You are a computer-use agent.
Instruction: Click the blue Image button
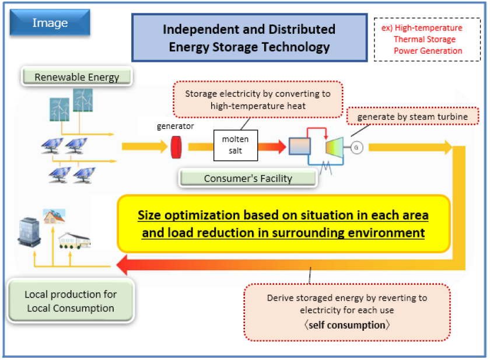(50, 24)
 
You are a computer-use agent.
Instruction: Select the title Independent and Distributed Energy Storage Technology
(249, 38)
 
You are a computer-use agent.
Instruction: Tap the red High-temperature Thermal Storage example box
(427, 40)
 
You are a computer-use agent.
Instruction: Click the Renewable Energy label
(76, 77)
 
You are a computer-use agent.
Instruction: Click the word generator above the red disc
(176, 126)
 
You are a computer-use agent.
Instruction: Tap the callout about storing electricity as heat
(257, 99)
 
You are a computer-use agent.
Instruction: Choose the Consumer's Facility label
(248, 179)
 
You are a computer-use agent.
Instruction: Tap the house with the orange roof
(54, 217)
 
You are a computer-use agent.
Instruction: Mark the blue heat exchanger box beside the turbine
(299, 146)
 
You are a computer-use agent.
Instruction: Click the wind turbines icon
(71, 105)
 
